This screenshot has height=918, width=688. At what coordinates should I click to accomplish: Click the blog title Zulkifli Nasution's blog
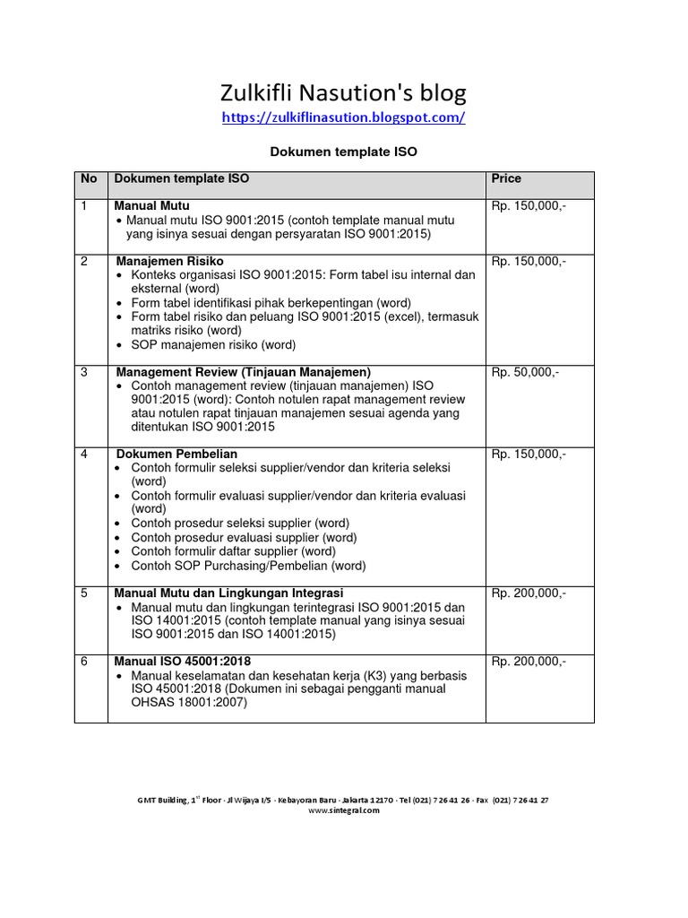343,92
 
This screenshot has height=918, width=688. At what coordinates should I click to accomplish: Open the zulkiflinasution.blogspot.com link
343,117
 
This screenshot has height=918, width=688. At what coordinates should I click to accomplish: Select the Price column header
506,179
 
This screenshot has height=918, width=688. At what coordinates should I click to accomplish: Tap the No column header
89,179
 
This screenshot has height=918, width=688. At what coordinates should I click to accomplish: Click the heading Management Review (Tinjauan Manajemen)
243,372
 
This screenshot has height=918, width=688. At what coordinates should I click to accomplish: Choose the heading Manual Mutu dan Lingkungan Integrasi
228,593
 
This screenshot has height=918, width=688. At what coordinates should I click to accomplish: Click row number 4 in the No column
84,455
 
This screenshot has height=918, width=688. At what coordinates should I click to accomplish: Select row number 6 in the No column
84,662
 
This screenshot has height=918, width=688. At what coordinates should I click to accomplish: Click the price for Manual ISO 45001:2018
529,662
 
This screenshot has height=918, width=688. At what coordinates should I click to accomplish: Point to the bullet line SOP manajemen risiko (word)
212,344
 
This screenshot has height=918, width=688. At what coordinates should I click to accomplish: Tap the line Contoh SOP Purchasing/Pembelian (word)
248,566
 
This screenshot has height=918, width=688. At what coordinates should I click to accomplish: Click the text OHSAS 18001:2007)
188,704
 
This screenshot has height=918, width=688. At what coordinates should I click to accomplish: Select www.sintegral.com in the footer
344,810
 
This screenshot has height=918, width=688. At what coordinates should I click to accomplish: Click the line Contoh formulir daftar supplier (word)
232,551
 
